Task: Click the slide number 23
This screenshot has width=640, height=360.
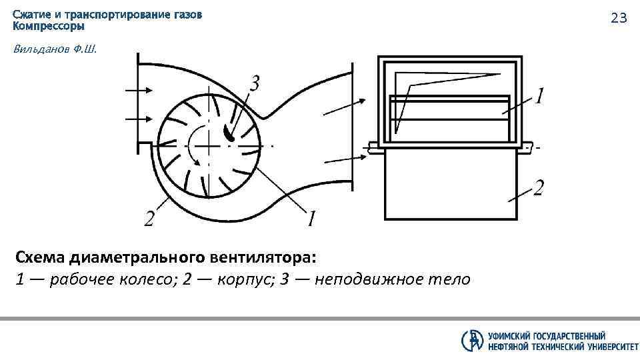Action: click(x=619, y=19)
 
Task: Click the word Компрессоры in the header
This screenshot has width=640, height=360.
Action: click(x=49, y=26)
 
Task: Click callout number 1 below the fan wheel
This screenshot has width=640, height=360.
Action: click(x=311, y=217)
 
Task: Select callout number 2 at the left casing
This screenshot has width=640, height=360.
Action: click(x=150, y=217)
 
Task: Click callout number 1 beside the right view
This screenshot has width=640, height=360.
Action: click(x=540, y=97)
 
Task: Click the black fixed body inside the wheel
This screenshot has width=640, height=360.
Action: click(x=229, y=132)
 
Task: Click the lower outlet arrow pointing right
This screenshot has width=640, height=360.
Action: click(x=344, y=159)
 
